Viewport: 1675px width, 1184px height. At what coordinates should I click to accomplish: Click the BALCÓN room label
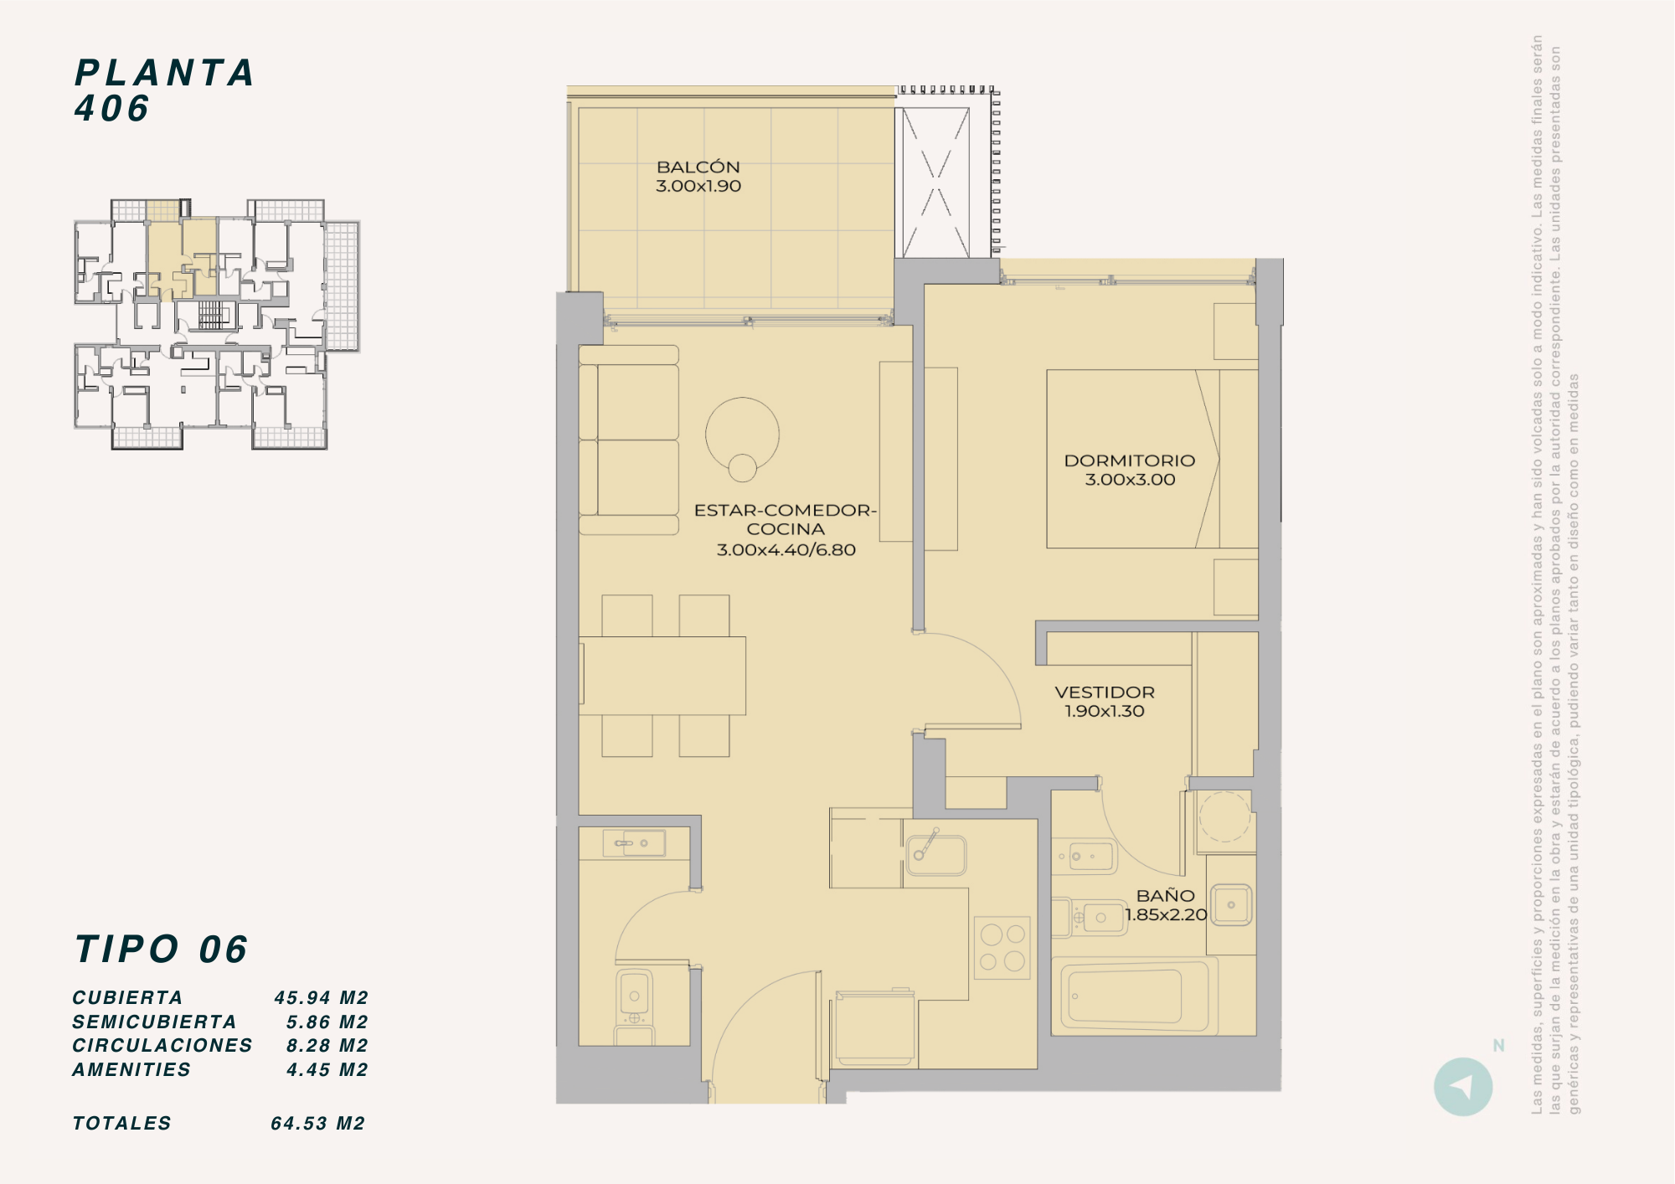[698, 167]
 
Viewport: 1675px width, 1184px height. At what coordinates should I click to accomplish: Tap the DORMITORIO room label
[1130, 461]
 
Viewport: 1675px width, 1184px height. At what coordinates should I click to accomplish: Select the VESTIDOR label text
[1105, 692]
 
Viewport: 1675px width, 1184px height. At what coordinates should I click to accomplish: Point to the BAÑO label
[1166, 896]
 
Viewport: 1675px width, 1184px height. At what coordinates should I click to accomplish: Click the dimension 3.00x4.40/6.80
[786, 550]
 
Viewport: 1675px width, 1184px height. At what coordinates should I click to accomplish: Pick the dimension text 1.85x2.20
[1166, 915]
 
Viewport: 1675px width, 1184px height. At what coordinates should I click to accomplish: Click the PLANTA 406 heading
[164, 90]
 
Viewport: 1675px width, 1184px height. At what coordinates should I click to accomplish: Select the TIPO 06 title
[161, 950]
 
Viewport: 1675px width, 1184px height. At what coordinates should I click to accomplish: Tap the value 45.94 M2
[322, 998]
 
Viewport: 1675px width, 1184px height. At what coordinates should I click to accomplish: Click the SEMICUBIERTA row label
[154, 1022]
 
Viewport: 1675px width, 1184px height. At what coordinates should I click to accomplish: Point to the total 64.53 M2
[318, 1124]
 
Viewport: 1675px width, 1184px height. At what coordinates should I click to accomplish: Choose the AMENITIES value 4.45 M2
[327, 1070]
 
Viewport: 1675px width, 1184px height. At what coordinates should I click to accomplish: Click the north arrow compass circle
[1463, 1087]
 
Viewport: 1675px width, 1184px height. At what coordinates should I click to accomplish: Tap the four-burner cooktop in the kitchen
[1002, 948]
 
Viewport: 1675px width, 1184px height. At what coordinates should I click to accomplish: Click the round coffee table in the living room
[742, 434]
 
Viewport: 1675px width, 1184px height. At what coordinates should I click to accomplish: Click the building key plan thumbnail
[217, 324]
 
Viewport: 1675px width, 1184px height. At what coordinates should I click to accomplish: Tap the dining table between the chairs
[662, 676]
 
